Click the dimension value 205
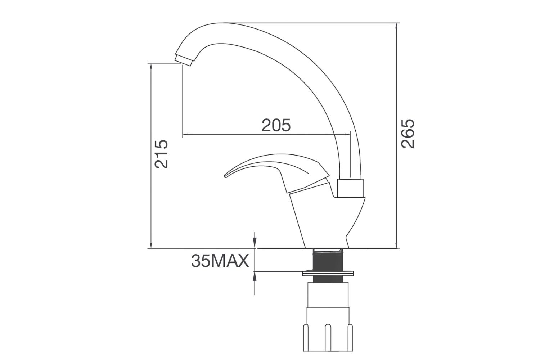click(x=276, y=125)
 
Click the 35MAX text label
click(x=220, y=261)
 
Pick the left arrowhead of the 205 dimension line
click(x=185, y=135)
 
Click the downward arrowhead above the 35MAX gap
click(x=255, y=245)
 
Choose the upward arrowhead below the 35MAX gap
click(x=255, y=275)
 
